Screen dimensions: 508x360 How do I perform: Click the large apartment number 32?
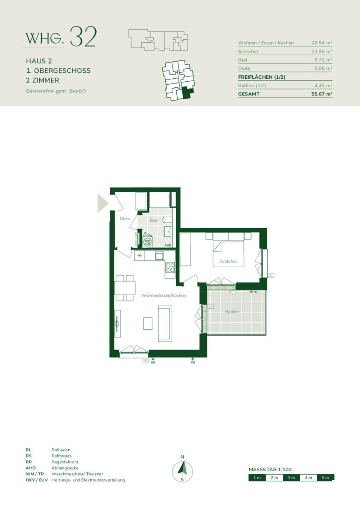pos(83,37)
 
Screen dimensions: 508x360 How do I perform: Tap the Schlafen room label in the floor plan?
pos(228,261)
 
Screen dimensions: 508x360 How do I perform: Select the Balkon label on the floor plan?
pos(232,312)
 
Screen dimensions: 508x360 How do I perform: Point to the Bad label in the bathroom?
pos(153,220)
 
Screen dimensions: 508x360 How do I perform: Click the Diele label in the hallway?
pos(125,218)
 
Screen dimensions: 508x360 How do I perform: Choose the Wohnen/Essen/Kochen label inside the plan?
pos(163,296)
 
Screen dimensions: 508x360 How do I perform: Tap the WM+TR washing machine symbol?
pos(148,242)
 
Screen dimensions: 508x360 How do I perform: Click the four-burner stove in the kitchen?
pos(170,267)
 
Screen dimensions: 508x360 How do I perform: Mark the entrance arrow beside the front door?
pos(102,203)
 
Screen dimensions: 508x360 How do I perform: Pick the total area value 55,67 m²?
pos(321,94)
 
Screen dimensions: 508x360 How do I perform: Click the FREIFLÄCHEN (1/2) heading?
pos(261,77)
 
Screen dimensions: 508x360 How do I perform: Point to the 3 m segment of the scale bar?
pos(291,478)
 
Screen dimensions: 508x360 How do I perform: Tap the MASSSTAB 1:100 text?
pos(270,469)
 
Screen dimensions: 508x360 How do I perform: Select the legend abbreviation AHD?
pos(31,468)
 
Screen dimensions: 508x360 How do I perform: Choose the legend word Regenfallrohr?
pos(65,462)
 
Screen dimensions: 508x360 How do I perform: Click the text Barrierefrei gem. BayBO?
pos(56,91)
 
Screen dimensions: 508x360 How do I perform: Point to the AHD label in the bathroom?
pos(168,245)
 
